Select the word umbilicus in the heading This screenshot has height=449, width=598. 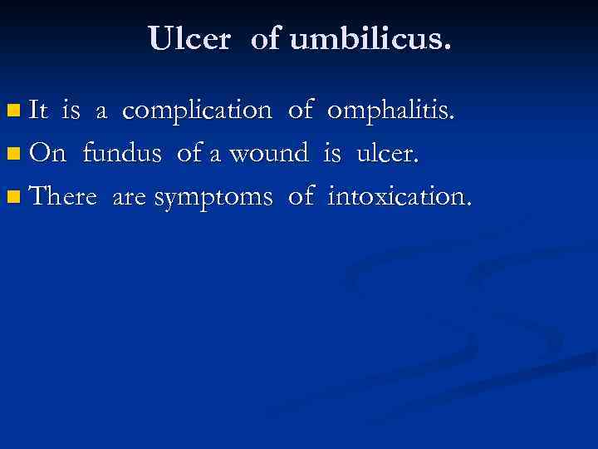pyautogui.click(x=370, y=38)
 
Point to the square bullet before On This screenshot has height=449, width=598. pyautogui.click(x=12, y=154)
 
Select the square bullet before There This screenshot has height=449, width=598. pyautogui.click(x=12, y=198)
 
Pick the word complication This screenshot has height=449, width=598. pyautogui.click(x=197, y=110)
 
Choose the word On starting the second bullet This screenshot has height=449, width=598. pyautogui.click(x=47, y=153)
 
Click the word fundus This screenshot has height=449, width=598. pyautogui.click(x=123, y=153)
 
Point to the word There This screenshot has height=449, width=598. pyautogui.click(x=62, y=197)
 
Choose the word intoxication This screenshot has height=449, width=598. pyautogui.click(x=399, y=197)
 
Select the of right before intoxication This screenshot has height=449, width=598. pyautogui.click(x=301, y=197)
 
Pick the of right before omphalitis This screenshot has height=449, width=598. pyautogui.click(x=301, y=110)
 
